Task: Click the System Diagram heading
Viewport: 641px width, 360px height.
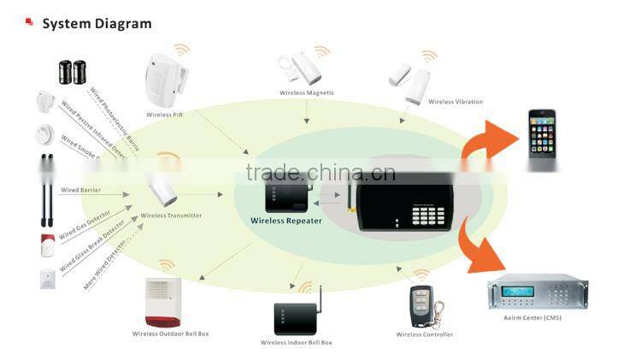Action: coord(97,24)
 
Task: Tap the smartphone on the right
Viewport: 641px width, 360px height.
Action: coord(541,133)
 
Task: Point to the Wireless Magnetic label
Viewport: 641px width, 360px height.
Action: coord(307,92)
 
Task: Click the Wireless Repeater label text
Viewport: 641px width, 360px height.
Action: coord(285,221)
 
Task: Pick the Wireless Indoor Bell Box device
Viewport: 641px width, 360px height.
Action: coord(296,316)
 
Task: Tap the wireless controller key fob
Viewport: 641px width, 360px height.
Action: coord(420,306)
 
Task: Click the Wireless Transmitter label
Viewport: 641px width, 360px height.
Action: coord(171,215)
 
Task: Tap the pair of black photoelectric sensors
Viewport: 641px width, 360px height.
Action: coord(72,72)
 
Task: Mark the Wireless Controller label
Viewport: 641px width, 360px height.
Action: coord(424,334)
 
